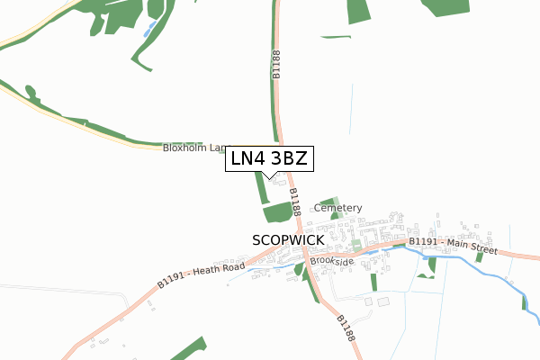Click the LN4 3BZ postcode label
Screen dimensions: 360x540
point(269,158)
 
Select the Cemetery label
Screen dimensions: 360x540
point(337,208)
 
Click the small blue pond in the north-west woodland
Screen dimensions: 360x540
point(148,31)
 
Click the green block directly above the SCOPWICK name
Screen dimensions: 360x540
point(277,212)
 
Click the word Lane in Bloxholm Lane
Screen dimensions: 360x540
point(220,148)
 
